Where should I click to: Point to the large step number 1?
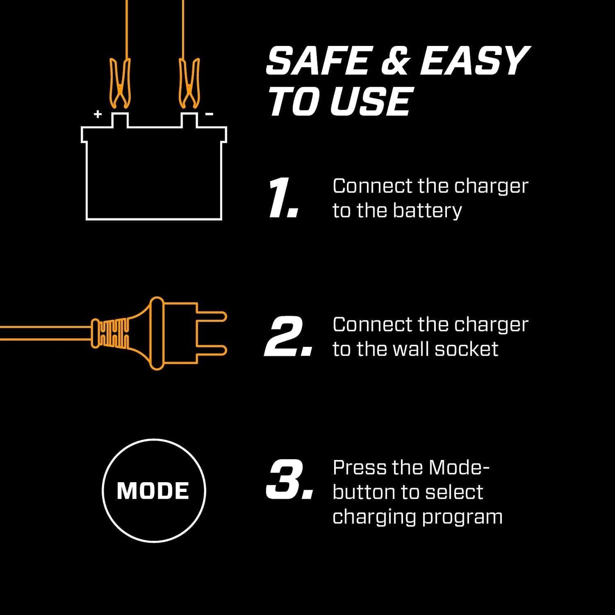coord(282,199)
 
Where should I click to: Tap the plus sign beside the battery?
coord(98,114)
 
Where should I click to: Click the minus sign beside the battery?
coord(209,114)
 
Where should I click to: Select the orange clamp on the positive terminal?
coord(120,83)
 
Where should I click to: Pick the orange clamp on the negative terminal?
coord(189,83)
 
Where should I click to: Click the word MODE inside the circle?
coord(153,491)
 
